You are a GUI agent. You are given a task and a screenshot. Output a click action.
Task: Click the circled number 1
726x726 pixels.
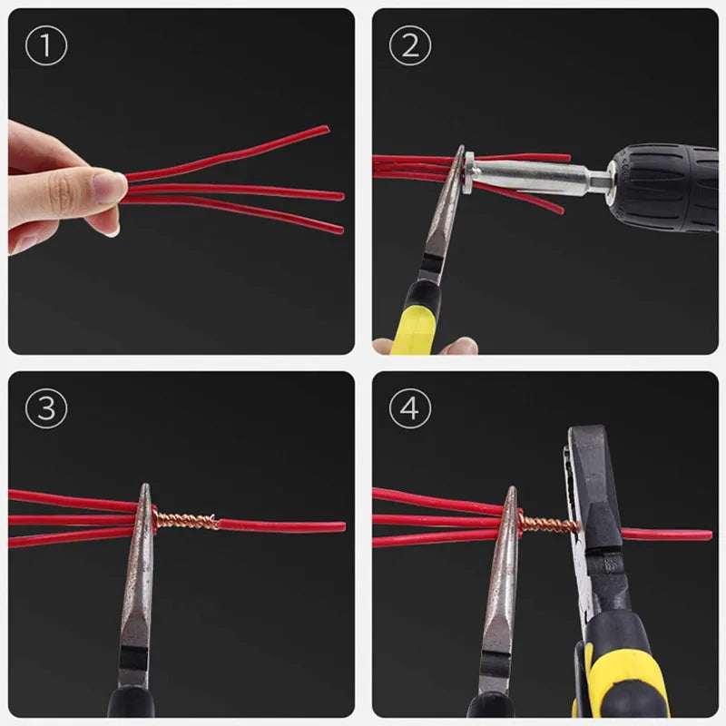pyautogui.click(x=45, y=45)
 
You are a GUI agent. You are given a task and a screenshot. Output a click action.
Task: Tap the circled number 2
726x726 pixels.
pyautogui.click(x=409, y=45)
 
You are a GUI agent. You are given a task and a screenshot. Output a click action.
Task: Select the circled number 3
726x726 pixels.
pyautogui.click(x=45, y=409)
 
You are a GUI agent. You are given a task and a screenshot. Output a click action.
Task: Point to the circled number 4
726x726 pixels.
pyautogui.click(x=409, y=409)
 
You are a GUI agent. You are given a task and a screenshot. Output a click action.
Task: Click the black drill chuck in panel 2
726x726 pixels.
pyautogui.click(x=662, y=186)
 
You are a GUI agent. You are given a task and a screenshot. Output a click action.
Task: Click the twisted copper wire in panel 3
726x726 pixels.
pyautogui.click(x=186, y=521)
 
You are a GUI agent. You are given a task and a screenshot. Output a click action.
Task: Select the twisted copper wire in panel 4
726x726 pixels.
pyautogui.click(x=549, y=524)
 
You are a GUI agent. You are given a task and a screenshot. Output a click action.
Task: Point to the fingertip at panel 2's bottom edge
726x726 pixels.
pyautogui.click(x=458, y=347)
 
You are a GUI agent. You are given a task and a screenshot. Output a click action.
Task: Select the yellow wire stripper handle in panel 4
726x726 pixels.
pyautogui.click(x=626, y=672)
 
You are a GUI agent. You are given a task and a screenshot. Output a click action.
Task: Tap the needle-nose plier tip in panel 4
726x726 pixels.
pyautogui.click(x=511, y=497)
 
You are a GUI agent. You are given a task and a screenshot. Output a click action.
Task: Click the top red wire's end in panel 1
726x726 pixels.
pyautogui.click(x=324, y=129)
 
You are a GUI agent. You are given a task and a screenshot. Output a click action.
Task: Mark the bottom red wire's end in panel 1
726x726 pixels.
pyautogui.click(x=339, y=230)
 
